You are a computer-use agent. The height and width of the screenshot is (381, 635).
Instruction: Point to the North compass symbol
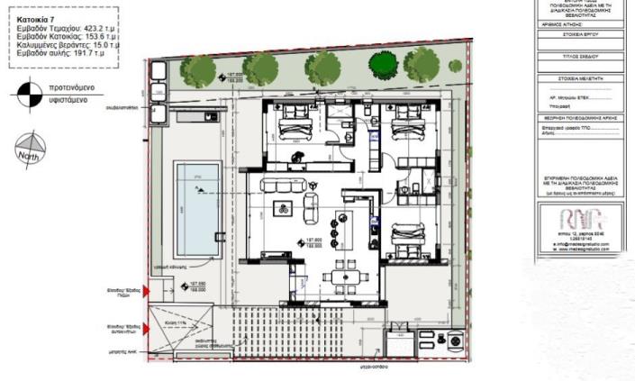(30, 150)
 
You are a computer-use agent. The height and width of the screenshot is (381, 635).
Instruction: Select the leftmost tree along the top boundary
(197, 68)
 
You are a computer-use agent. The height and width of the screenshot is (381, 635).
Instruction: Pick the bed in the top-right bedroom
(414, 127)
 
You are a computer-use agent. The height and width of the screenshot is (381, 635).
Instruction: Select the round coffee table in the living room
(284, 210)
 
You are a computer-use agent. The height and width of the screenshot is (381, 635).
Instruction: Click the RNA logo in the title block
(573, 221)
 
